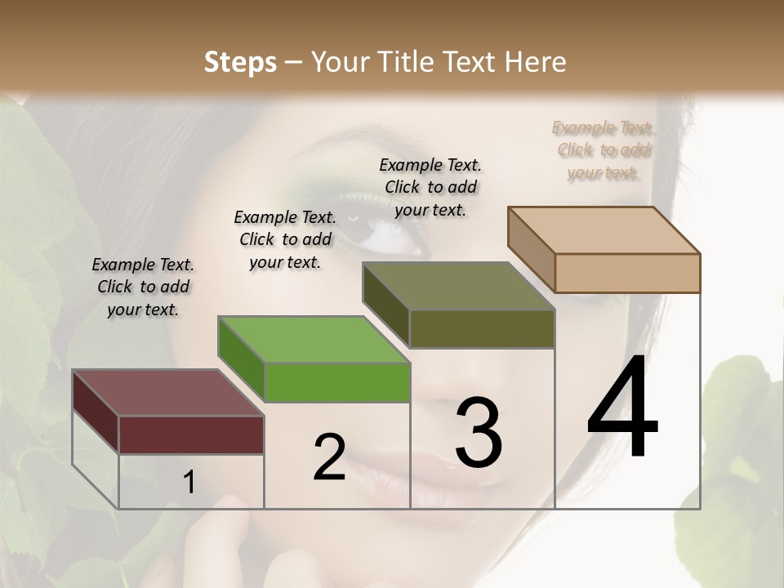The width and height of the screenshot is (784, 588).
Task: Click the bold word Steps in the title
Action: tap(240, 62)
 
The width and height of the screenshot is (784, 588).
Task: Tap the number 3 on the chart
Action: tap(479, 433)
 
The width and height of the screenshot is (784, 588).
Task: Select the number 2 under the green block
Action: tap(330, 457)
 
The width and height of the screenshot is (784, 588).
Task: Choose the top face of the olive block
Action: tap(458, 286)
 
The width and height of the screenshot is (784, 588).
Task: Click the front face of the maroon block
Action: tap(191, 434)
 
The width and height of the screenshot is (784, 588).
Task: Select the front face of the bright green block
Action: tap(337, 382)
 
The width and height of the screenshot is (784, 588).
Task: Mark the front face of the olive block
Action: tap(482, 329)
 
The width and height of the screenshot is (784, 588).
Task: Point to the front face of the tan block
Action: tap(627, 273)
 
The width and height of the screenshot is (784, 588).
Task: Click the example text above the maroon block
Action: tap(143, 287)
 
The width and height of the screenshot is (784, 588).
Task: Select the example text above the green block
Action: tap(285, 239)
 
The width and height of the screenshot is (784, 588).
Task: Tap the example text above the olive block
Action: tap(430, 187)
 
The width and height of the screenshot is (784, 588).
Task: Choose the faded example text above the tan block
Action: tap(604, 149)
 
